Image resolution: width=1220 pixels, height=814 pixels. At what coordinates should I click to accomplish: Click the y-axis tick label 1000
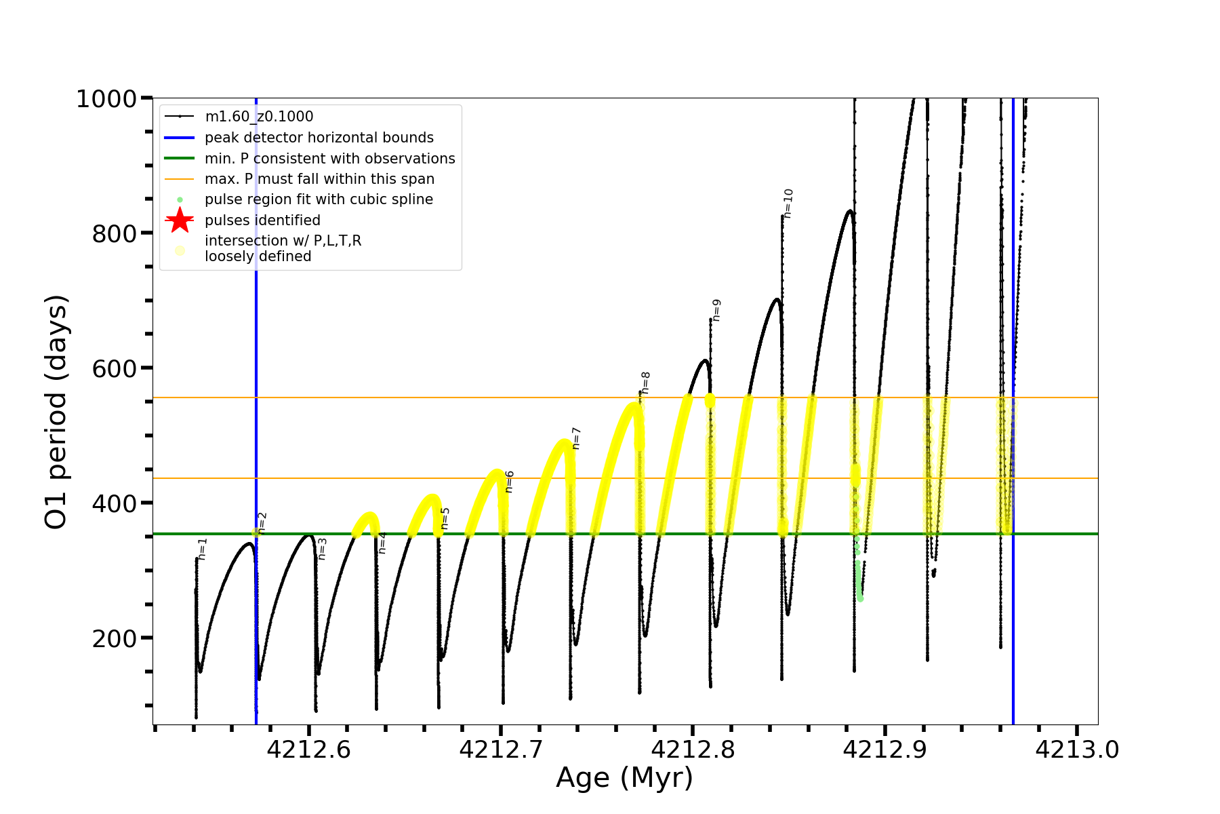pos(106,100)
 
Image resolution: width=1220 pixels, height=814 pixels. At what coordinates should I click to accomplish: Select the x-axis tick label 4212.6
pos(308,750)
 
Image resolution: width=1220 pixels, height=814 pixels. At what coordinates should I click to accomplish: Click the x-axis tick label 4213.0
pos(1077,750)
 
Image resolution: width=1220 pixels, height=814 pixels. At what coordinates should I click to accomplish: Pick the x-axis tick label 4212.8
pos(693,750)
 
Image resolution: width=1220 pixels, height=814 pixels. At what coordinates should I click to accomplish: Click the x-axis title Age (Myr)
pos(624,778)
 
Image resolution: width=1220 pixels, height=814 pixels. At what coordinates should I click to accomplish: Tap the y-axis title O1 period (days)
pos(57,412)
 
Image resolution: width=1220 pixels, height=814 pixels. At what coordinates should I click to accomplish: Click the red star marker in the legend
pos(180,220)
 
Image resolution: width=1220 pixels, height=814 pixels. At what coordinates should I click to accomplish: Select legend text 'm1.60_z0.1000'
pos(259,117)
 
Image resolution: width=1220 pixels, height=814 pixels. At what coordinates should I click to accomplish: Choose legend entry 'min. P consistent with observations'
pos(329,159)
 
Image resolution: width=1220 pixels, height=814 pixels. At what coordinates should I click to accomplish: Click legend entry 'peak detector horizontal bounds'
pos(319,138)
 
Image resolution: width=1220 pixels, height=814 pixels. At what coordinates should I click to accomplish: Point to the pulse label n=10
pos(788,203)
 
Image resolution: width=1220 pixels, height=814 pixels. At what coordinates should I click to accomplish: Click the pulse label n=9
pos(716,310)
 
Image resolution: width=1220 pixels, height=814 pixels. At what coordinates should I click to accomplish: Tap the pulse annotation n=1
pos(203,549)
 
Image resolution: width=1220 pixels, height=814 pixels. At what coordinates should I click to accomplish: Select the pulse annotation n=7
pos(577,438)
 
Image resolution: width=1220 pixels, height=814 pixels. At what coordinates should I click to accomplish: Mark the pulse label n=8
pos(646,383)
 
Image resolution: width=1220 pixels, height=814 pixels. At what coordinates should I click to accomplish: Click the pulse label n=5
pos(445,518)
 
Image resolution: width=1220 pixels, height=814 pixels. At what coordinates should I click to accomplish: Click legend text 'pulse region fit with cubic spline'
pos(319,199)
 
